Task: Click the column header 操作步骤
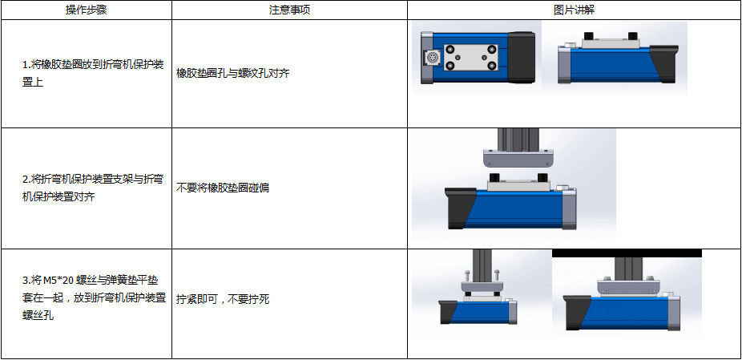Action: [x=86, y=10]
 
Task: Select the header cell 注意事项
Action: [x=289, y=10]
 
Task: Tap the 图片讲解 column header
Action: [x=574, y=10]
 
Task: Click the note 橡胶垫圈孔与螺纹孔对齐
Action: [x=232, y=74]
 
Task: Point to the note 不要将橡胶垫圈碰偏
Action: [x=223, y=188]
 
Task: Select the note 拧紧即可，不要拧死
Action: [x=223, y=299]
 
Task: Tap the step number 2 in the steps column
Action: [x=26, y=180]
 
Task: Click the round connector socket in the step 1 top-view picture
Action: [x=431, y=59]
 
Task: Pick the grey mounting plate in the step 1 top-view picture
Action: [x=470, y=58]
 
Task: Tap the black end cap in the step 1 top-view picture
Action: [x=522, y=58]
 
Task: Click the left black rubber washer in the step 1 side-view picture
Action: [x=589, y=36]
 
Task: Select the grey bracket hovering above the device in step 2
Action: [x=518, y=159]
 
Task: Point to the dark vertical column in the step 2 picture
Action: [x=518, y=139]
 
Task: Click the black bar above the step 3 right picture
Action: [x=627, y=253]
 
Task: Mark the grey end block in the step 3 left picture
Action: [x=510, y=311]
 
